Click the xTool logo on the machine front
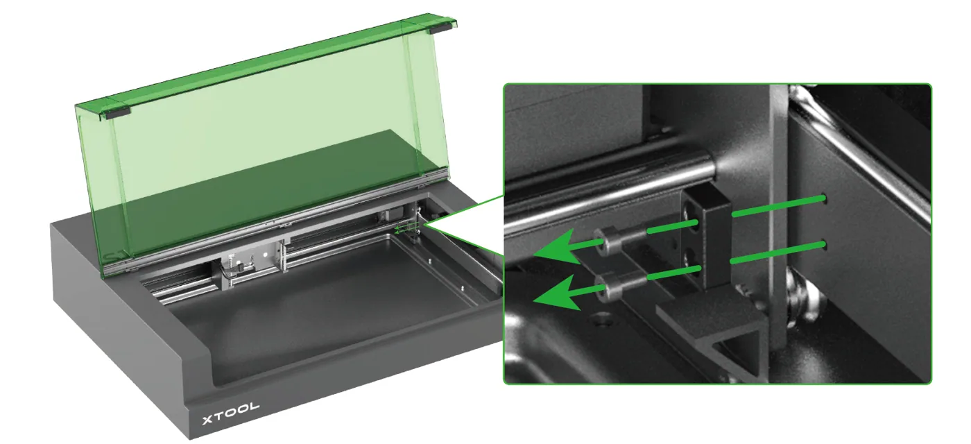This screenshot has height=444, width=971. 230,413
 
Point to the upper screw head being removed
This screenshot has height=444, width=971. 605,242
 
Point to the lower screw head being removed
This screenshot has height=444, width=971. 606,287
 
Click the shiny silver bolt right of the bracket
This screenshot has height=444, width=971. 802,299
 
